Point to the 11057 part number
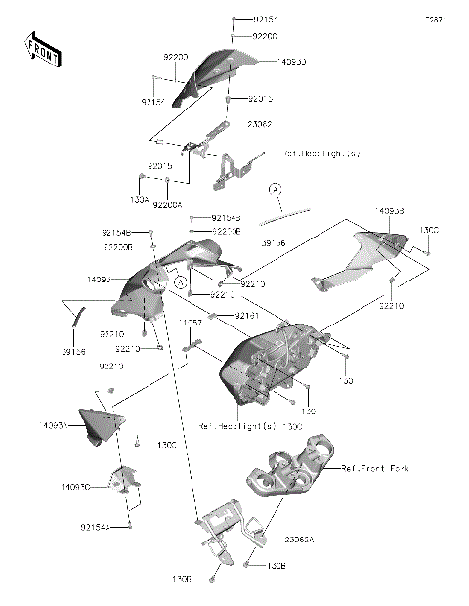click(x=192, y=322)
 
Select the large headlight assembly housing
click(x=274, y=367)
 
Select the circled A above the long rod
click(x=276, y=187)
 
